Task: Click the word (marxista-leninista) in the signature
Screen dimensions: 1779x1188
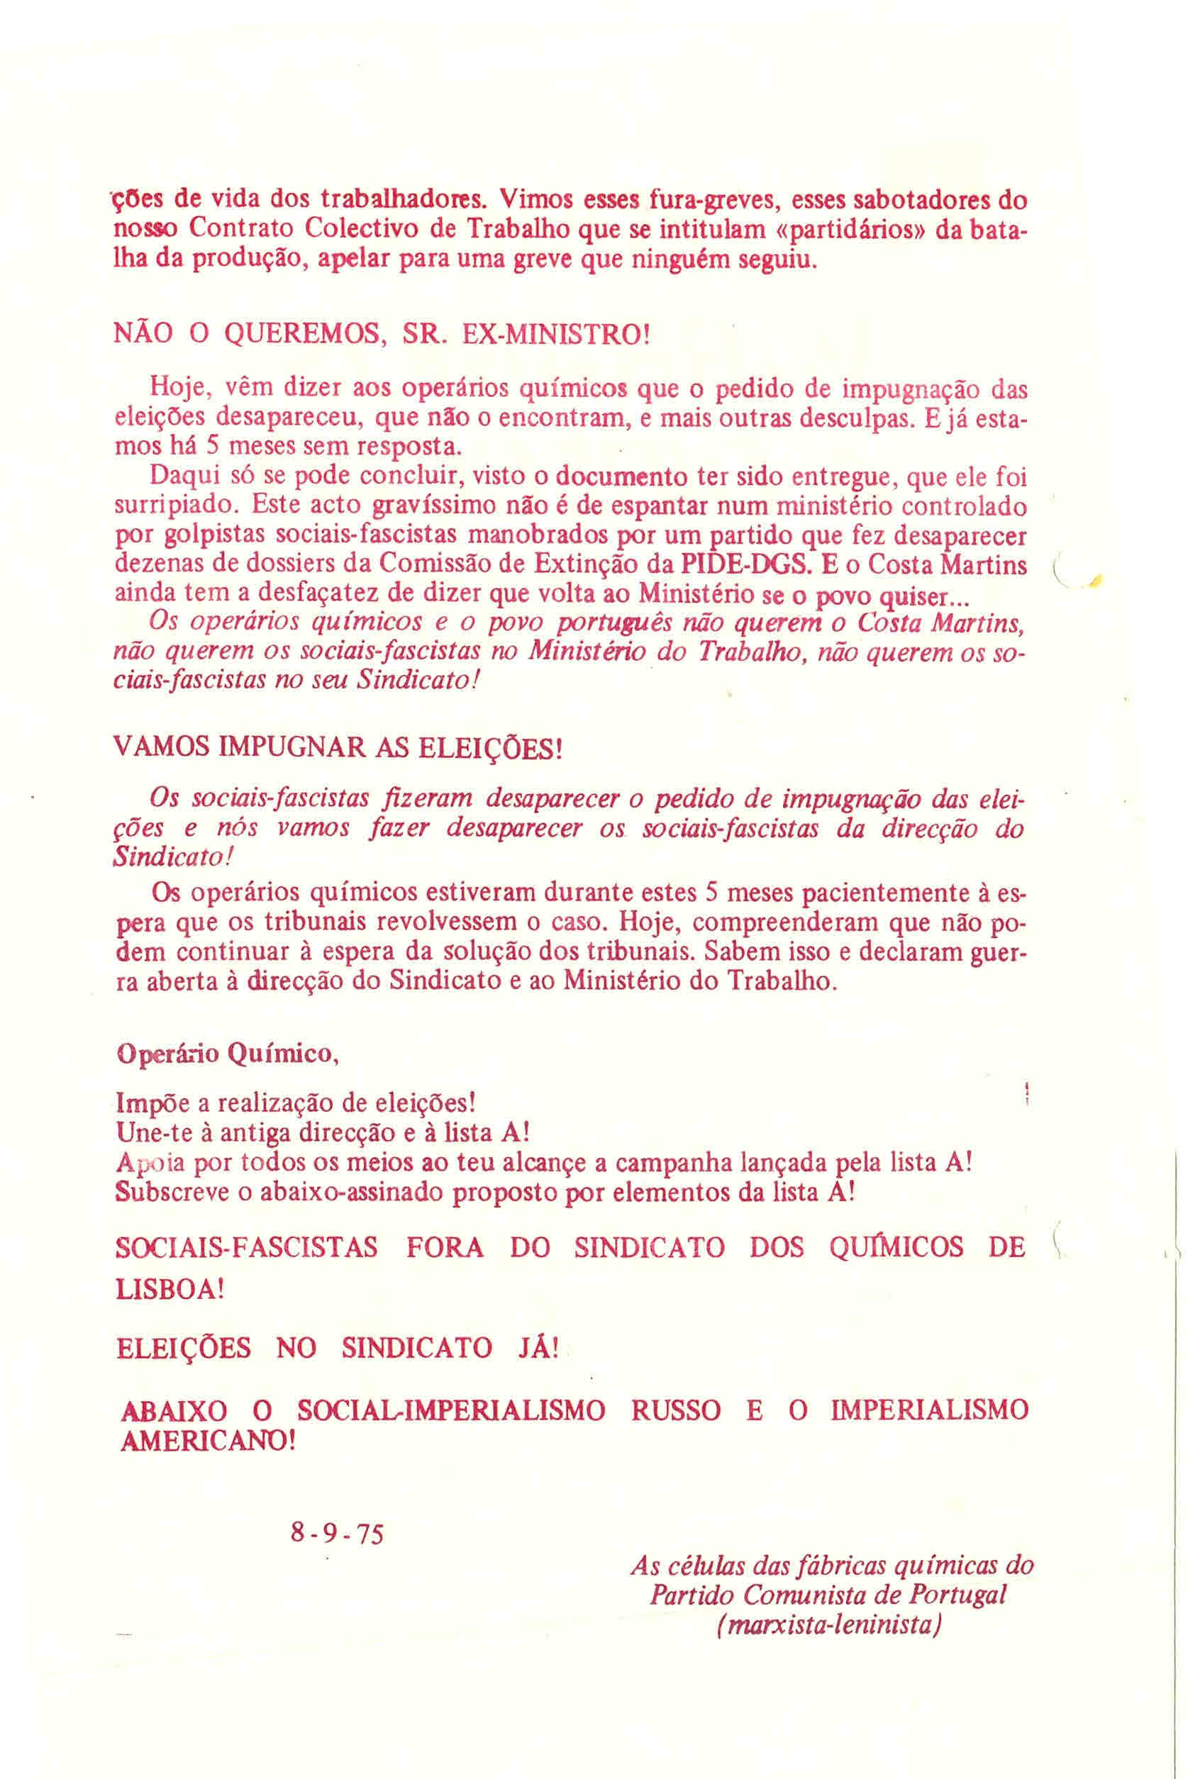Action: [828, 1627]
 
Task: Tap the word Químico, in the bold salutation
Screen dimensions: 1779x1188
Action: [282, 1055]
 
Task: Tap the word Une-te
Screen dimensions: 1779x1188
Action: [152, 1134]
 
